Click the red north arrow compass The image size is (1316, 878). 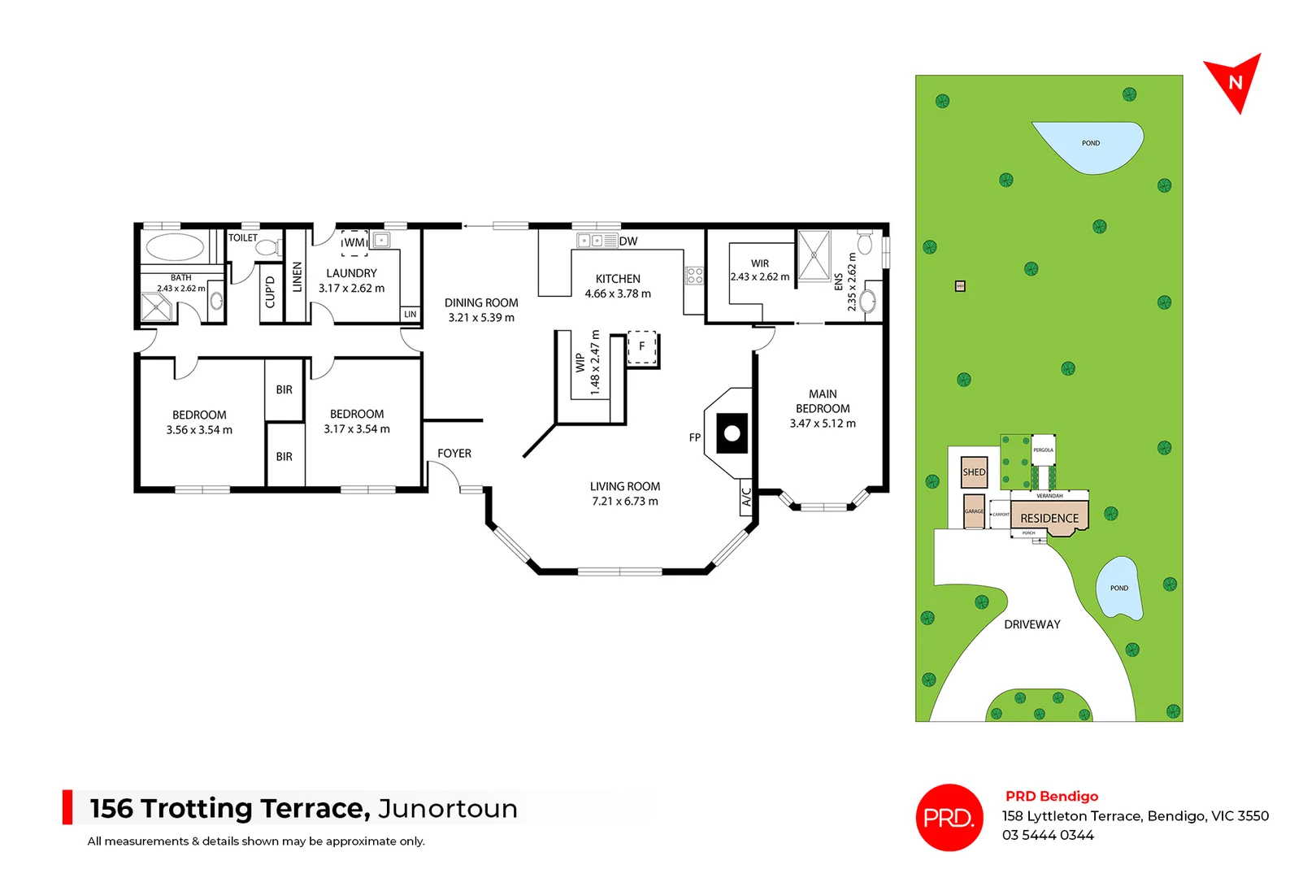coord(1233,81)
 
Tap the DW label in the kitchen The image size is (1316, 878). coord(628,241)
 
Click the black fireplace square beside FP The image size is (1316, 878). coord(732,433)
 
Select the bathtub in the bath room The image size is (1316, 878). coord(175,247)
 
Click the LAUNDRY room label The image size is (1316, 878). coord(351,274)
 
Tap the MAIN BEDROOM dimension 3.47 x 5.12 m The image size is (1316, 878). coord(823,424)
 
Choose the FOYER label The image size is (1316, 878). coord(454,454)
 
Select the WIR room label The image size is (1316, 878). coord(760,263)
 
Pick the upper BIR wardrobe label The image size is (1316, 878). coord(284,390)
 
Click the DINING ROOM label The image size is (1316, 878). coord(481,303)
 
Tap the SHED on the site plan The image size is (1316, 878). coord(974,472)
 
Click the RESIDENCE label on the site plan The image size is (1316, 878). coord(1049,519)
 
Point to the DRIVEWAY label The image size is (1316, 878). coord(1032,624)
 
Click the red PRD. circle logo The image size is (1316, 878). coord(949,817)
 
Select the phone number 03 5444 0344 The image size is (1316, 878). coord(1048,836)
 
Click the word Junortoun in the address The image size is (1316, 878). coord(448,809)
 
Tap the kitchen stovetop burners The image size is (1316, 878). coord(694,276)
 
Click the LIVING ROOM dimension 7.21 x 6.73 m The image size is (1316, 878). coord(625,502)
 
